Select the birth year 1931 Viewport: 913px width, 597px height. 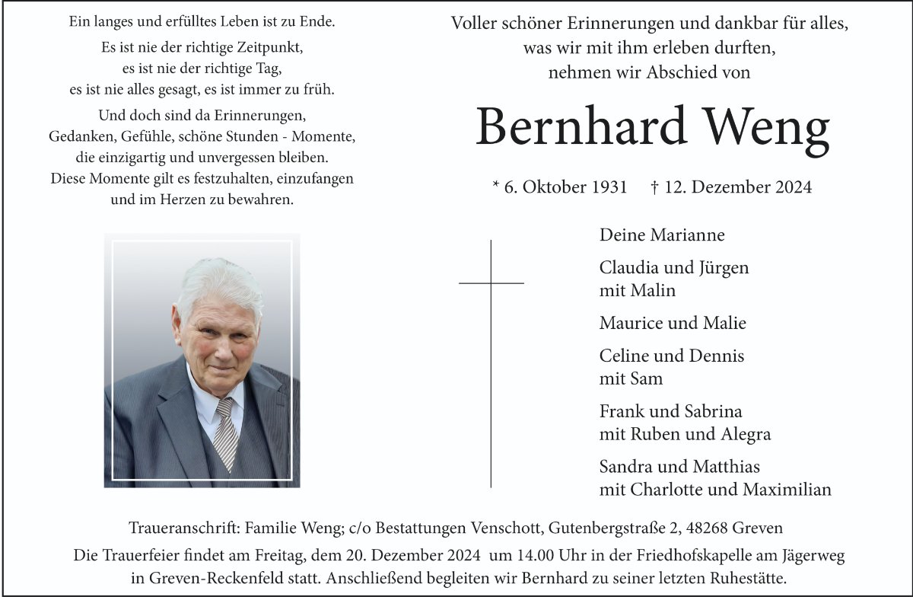(x=609, y=187)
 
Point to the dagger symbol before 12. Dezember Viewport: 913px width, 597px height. (x=655, y=186)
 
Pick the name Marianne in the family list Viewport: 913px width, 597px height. (x=687, y=235)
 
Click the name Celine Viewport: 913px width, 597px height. (x=624, y=356)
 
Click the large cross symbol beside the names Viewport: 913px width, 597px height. (x=491, y=362)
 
